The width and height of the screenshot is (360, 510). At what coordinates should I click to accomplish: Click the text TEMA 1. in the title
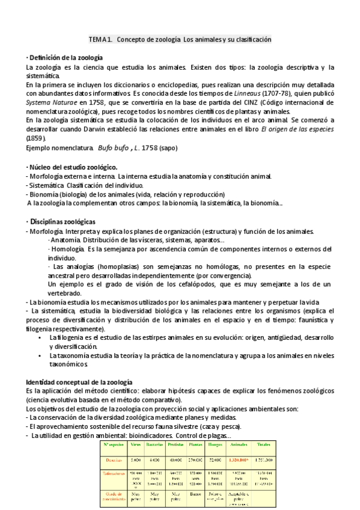(x=100, y=39)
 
